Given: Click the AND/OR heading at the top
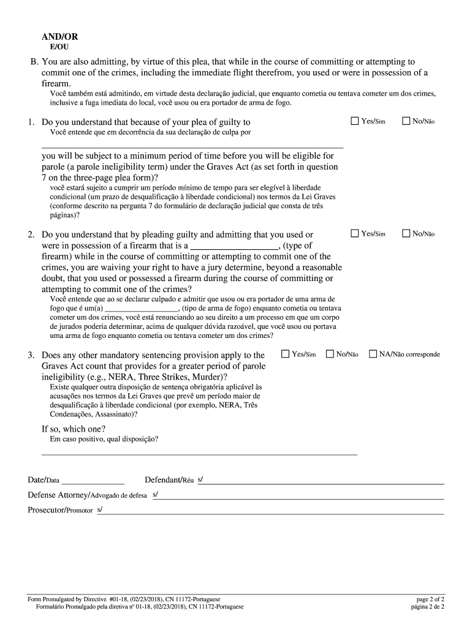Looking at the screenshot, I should [59, 37].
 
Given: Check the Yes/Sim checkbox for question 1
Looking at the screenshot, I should [354, 121].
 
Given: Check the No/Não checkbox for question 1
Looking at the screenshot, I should [406, 121].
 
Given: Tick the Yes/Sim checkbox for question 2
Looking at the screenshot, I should [354, 233].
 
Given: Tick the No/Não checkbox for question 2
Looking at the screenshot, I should [406, 233].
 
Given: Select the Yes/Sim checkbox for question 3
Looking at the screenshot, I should [285, 354].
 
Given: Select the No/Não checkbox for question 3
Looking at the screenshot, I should [330, 354].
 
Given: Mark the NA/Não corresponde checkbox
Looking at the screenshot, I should [373, 354].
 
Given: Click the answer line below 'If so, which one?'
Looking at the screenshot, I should [199, 454].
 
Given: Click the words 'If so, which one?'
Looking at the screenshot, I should [73, 429].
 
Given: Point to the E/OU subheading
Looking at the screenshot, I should [58, 47].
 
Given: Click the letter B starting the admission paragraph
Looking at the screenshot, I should [35, 62].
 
